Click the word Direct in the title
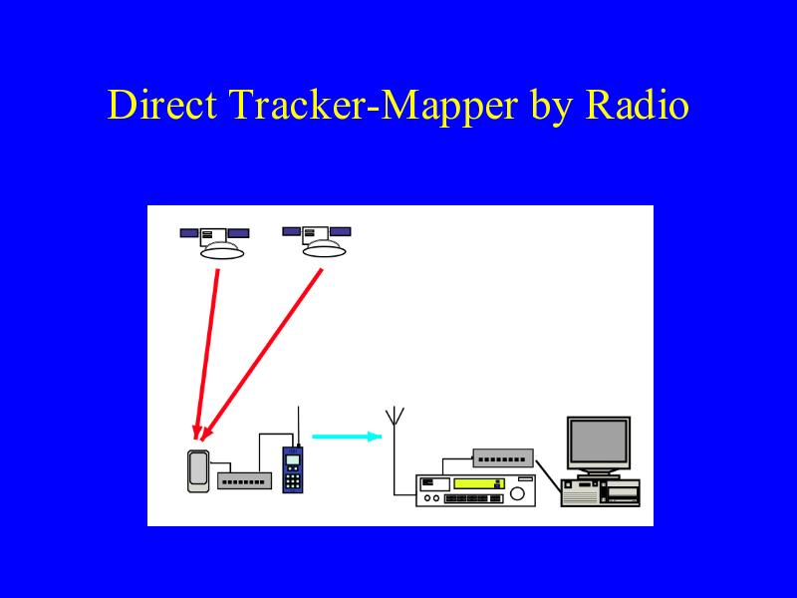coord(162,105)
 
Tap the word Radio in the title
coord(638,105)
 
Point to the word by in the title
coord(552,107)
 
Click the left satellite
coord(215,242)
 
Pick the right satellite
coord(317,241)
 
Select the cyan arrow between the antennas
coord(347,437)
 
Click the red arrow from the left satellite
coord(207,354)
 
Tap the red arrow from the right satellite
coord(262,354)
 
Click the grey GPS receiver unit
coord(198,470)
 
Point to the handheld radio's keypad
coord(292,481)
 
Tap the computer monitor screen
coord(599,442)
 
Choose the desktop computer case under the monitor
coord(600,492)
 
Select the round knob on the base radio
coord(517,493)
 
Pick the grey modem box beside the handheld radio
coord(244,481)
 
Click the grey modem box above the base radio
coord(503,457)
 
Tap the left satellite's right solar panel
coord(238,233)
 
